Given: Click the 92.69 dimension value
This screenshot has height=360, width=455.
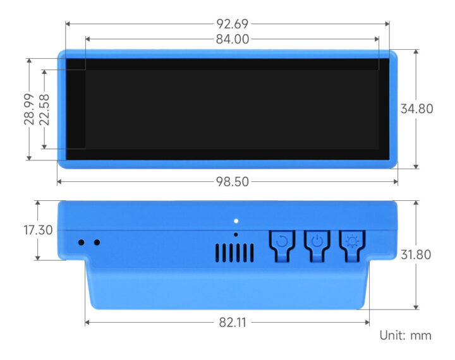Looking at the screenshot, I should (x=232, y=24).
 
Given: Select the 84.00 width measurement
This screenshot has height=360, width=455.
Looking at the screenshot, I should (x=232, y=39).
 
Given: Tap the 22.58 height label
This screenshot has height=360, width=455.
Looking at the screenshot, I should (x=45, y=109).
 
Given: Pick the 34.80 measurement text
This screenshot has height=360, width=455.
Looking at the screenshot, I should (x=416, y=109).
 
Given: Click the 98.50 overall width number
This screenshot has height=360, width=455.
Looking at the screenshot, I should (x=232, y=182).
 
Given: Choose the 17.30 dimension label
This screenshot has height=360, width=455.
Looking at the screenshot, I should (x=38, y=230).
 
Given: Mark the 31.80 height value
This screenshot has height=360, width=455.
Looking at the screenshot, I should (x=416, y=255).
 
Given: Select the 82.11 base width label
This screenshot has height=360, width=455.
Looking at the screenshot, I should (x=232, y=322).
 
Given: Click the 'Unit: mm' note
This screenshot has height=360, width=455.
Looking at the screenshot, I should (x=405, y=335).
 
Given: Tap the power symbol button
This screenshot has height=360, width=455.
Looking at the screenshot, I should (x=317, y=241).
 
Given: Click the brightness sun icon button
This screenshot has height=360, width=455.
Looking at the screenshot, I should (x=352, y=241).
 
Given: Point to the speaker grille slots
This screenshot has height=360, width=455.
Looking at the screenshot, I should (x=232, y=253).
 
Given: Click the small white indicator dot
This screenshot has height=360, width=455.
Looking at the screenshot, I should (x=236, y=221).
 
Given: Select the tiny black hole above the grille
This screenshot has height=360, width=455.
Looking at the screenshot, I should (x=236, y=234).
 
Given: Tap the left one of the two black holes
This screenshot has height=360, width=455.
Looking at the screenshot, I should (x=81, y=242).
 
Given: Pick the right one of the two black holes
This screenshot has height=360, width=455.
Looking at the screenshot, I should (x=97, y=242).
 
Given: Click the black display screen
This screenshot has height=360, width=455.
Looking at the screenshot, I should (x=232, y=109).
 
